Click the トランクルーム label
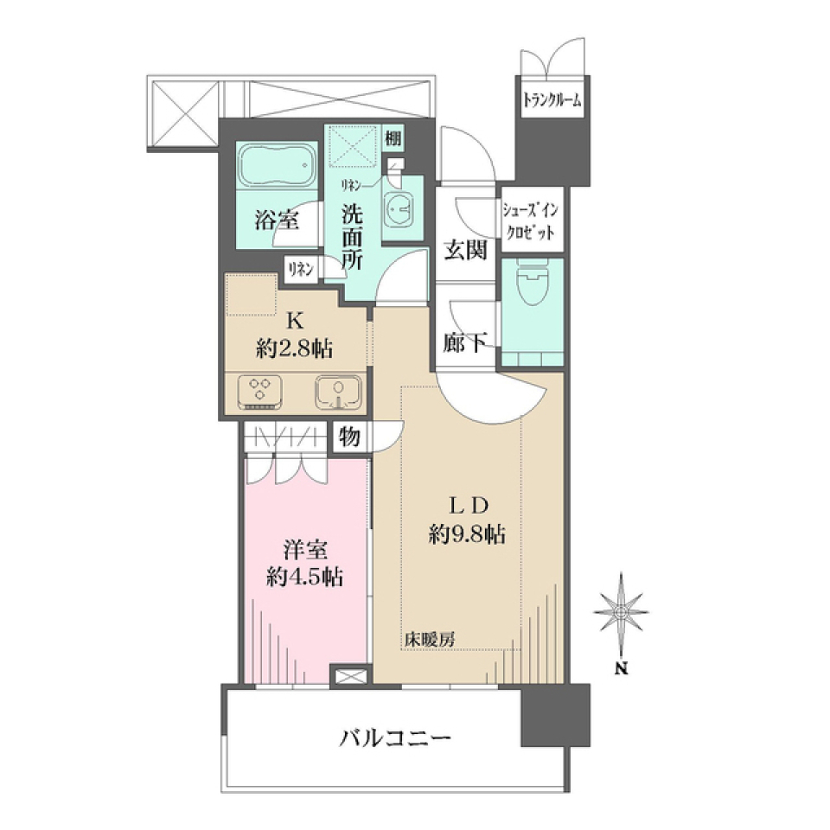tap(552, 99)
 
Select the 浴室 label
tap(277, 220)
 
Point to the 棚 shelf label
tap(393, 139)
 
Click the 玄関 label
tap(465, 250)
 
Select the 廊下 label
tap(465, 342)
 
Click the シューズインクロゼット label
tap(531, 221)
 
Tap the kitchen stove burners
tap(260, 392)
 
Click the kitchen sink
tap(339, 393)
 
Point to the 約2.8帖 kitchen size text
tap(294, 348)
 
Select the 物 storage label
tap(349, 437)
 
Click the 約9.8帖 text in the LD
tap(467, 534)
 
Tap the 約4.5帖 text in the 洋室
tap(304, 577)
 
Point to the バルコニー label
tap(395, 737)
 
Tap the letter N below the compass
tap(622, 668)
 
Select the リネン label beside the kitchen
tap(301, 270)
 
